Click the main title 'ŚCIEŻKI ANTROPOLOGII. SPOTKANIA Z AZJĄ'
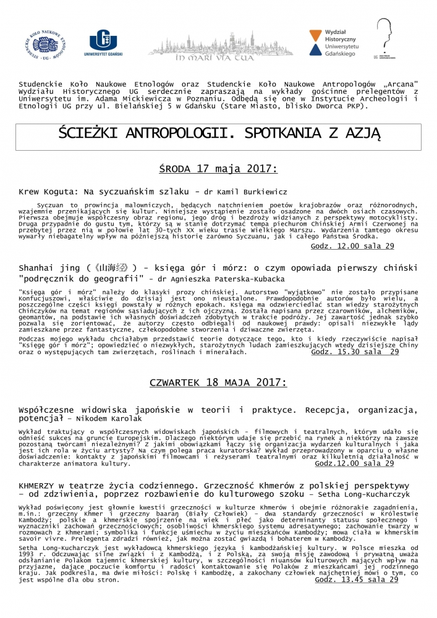[x=218, y=133]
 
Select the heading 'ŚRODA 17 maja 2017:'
[x=218, y=168]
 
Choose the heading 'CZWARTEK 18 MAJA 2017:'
[x=218, y=383]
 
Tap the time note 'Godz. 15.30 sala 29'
[x=354, y=352]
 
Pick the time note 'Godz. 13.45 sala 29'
[x=356, y=580]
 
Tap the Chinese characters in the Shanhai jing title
[x=112, y=268]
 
